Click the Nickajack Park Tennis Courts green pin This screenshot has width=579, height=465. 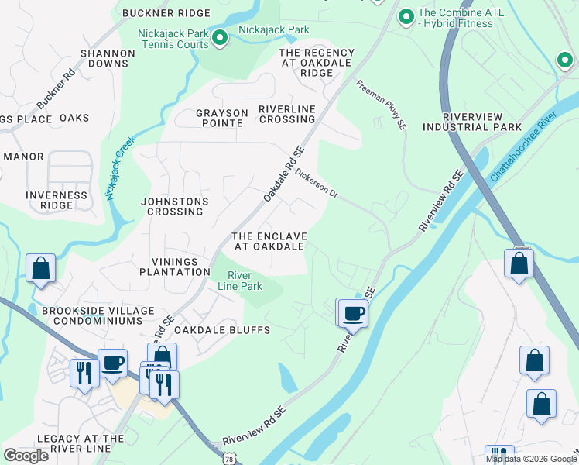(x=220, y=36)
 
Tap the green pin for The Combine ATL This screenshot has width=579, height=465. (x=405, y=15)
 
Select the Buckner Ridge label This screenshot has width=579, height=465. (x=166, y=13)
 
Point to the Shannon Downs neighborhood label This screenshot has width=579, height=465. (x=108, y=60)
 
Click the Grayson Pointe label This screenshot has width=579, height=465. (x=222, y=119)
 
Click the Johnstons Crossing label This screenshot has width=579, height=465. (x=174, y=206)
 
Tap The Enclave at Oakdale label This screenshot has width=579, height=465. (x=269, y=241)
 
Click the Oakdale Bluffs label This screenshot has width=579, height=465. (x=221, y=330)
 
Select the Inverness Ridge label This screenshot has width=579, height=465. (x=57, y=200)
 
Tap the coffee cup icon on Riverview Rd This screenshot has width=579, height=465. (x=353, y=313)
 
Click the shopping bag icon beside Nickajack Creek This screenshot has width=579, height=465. (x=40, y=268)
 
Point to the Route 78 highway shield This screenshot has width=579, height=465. (x=230, y=459)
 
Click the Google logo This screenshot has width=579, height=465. (x=26, y=456)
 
